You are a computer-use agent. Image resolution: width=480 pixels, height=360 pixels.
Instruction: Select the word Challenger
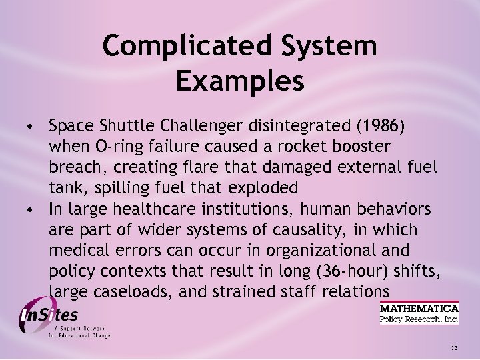tap(208, 125)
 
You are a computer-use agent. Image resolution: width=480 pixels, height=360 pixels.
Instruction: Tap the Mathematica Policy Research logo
tap(419, 313)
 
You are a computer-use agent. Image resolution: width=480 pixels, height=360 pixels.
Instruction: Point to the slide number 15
tap(454, 348)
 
